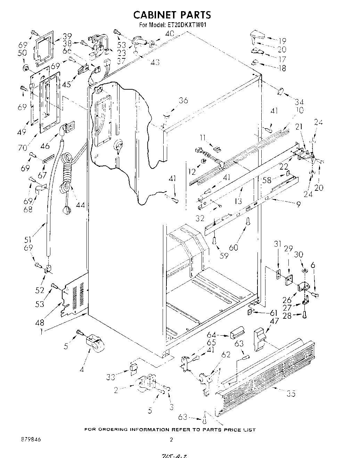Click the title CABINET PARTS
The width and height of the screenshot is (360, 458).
coord(172,15)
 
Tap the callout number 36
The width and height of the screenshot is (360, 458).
coord(183,100)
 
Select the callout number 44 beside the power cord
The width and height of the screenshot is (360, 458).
coord(80,205)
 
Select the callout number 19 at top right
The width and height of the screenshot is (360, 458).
coord(281,40)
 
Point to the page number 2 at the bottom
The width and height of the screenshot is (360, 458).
coord(171,440)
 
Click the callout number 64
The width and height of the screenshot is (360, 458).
coord(221,335)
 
